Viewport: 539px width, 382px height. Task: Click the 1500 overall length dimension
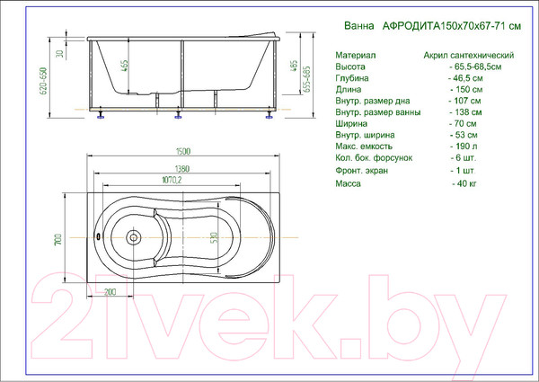coord(183,153)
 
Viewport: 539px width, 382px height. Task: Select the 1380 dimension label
coord(183,169)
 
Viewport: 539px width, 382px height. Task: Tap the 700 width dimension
coord(57,239)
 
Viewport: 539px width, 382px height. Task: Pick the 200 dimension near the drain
coord(110,292)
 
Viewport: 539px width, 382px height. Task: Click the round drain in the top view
coord(134,238)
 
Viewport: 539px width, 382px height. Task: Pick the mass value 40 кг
coord(464,183)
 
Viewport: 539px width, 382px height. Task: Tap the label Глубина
coord(353,80)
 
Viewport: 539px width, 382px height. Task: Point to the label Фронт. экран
coord(361,170)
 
